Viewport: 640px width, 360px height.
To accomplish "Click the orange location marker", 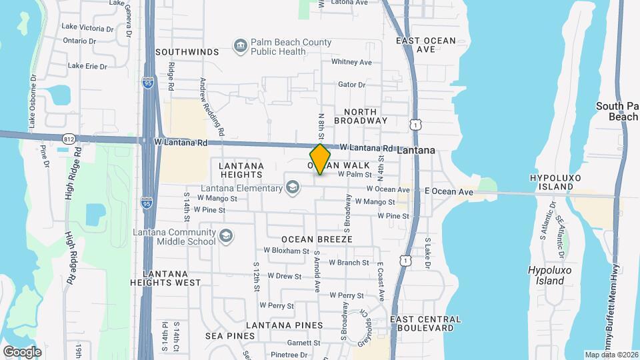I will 321,159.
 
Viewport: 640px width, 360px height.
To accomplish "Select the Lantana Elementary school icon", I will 292,189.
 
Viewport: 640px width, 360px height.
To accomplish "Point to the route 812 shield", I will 69,139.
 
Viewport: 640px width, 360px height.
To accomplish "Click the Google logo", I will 23,351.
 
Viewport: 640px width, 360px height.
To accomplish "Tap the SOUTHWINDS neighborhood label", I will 187,51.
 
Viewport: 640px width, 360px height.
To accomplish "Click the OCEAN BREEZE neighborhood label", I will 316,239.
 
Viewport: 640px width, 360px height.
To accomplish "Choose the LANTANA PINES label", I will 284,325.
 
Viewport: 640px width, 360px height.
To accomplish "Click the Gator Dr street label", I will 352,85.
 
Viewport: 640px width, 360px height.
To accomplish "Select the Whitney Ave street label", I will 351,62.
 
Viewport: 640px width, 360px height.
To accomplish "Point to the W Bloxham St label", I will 287,251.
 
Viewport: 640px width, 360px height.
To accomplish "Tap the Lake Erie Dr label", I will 87,66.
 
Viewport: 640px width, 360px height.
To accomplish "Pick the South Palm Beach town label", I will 617,111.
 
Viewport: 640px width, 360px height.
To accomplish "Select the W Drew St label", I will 285,275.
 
